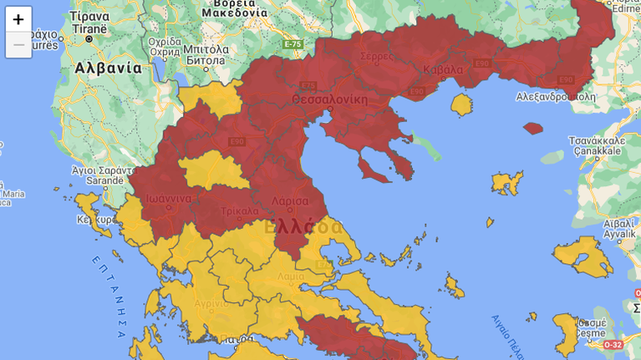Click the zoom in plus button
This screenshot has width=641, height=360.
[18, 19]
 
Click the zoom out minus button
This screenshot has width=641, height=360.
[18, 44]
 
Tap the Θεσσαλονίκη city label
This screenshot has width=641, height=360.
[329, 99]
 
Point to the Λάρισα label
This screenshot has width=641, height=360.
[290, 200]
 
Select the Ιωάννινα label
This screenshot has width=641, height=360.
[169, 199]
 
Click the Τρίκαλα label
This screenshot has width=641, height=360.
[240, 211]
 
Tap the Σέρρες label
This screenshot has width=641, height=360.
[376, 56]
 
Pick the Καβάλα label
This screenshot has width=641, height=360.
[442, 69]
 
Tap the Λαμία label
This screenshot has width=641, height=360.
[291, 276]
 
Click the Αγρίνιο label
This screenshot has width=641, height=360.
[211, 303]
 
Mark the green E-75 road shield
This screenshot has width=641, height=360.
[293, 43]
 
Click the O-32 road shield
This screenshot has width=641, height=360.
[613, 344]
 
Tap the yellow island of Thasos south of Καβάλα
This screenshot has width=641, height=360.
[461, 104]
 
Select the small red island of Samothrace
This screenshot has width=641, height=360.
[533, 129]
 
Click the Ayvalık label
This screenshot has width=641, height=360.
[619, 235]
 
